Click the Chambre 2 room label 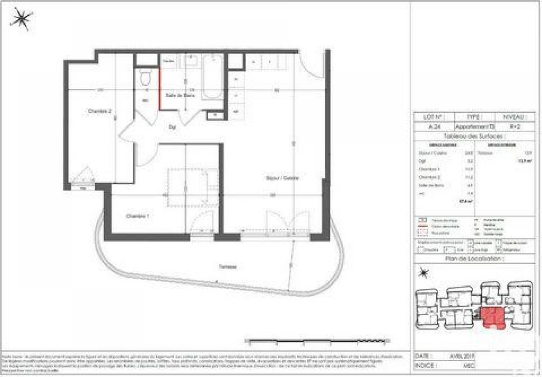click(99, 111)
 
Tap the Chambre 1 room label click(137, 217)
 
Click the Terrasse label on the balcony click(229, 267)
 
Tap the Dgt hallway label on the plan click(172, 128)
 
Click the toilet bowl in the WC click(145, 78)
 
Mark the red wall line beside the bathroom click(159, 88)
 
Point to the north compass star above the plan click(21, 19)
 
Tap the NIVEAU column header click(515, 116)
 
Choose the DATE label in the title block click(425, 356)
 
